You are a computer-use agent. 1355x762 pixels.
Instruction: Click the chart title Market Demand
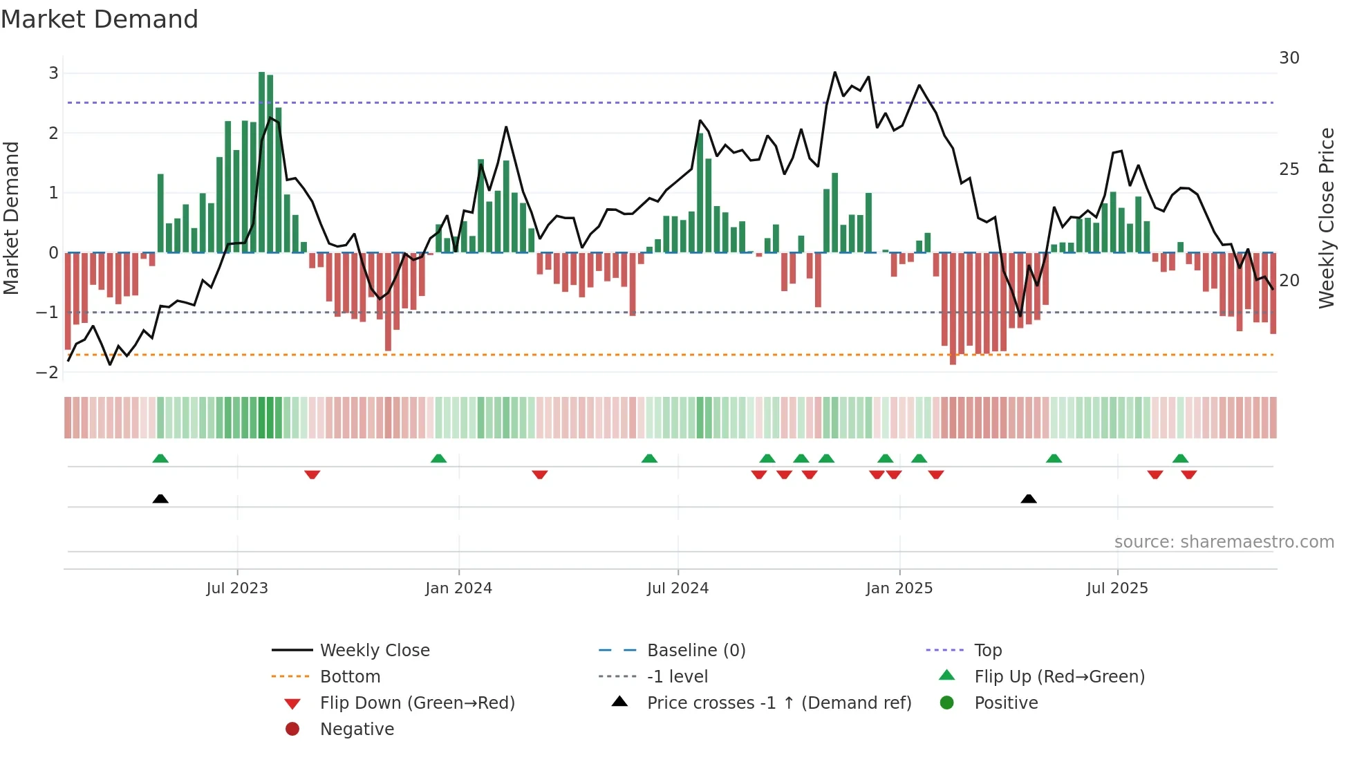pos(100,19)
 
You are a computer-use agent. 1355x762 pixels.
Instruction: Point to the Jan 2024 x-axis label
pos(458,588)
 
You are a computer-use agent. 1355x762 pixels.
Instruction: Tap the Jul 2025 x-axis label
pos(1116,588)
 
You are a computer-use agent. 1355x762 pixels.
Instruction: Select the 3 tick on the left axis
pos(53,73)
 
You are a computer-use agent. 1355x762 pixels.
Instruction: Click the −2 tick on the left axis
pos(48,373)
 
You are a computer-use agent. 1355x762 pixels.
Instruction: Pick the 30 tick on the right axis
pos(1289,58)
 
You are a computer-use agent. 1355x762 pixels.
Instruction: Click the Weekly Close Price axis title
pos(1326,218)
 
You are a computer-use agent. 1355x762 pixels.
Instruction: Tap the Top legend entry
pos(987,651)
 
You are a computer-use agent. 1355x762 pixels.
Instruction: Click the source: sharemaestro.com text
pos(1224,542)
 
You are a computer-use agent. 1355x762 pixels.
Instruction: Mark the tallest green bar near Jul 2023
pos(262,162)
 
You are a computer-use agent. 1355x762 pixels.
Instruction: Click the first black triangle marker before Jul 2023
pos(160,499)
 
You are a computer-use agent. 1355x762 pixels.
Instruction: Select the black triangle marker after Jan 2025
pos(1029,499)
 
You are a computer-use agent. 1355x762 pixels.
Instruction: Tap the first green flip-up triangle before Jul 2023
pos(160,458)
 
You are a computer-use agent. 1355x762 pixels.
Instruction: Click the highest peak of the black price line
pos(835,73)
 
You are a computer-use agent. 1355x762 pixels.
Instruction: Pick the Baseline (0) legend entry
pos(695,651)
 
